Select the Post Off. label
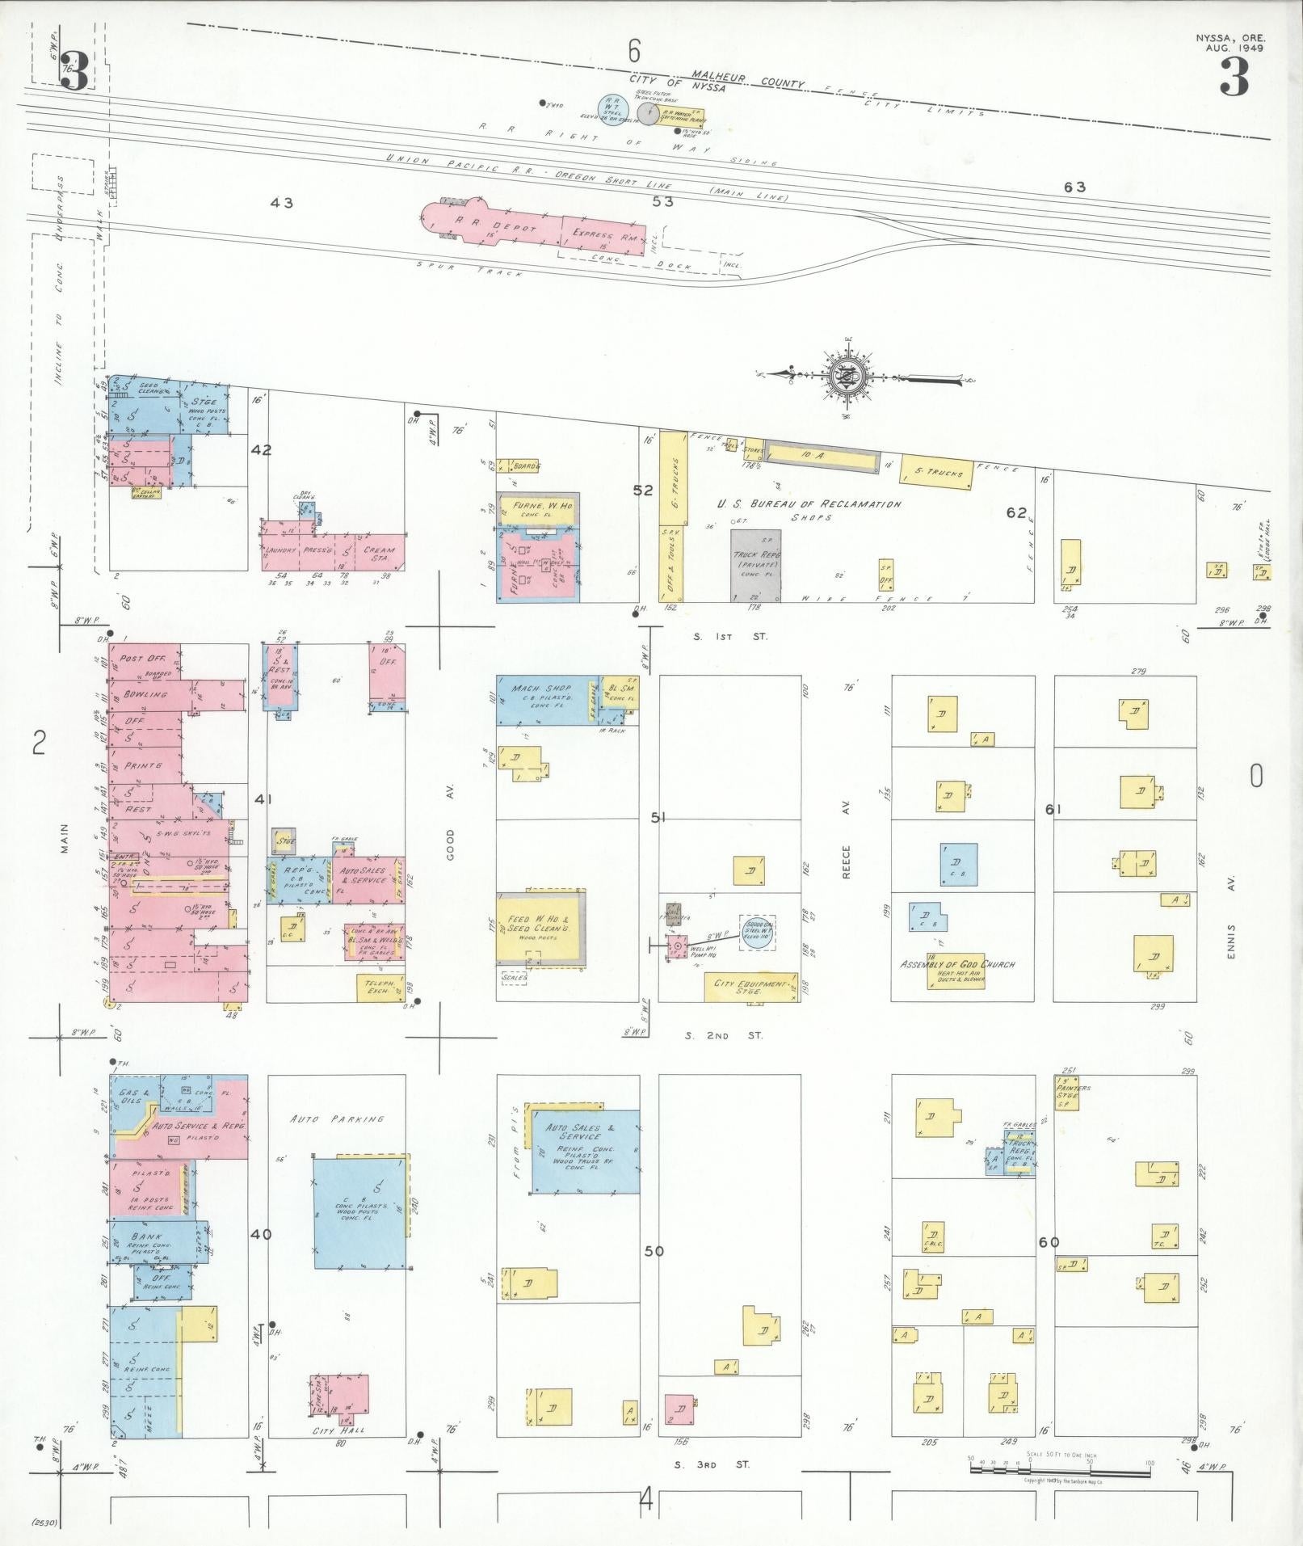[x=143, y=659]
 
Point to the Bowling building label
[x=146, y=694]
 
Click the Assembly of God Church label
[x=957, y=964]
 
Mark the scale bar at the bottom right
[x=1060, y=1470]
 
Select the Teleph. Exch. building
[x=380, y=988]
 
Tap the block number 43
[x=282, y=203]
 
